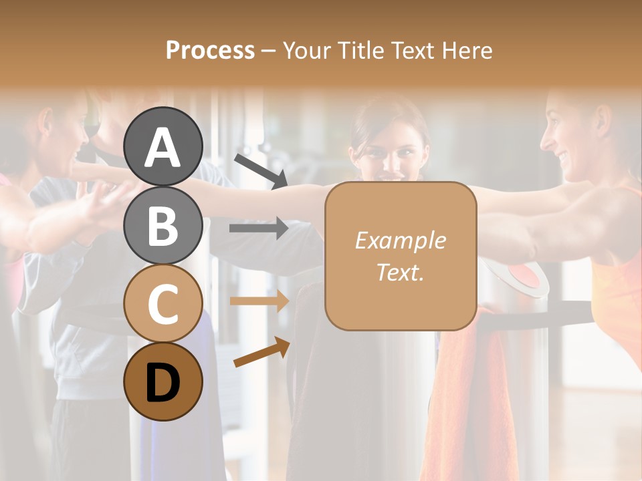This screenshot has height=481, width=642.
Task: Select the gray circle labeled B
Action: point(163,225)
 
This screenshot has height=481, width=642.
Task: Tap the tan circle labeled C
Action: point(163,303)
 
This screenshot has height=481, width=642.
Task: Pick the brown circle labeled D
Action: point(163,381)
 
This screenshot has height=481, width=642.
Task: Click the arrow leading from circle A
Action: point(261,170)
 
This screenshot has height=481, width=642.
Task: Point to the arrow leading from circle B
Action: point(259,228)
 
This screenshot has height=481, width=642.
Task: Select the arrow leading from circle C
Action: point(259,301)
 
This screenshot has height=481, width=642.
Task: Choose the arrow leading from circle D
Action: point(261,352)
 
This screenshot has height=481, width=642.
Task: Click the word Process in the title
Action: point(210,51)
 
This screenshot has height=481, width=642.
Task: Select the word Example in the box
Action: point(400,240)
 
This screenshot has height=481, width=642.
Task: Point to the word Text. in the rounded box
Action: point(400,272)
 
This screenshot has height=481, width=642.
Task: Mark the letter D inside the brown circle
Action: point(163,383)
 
